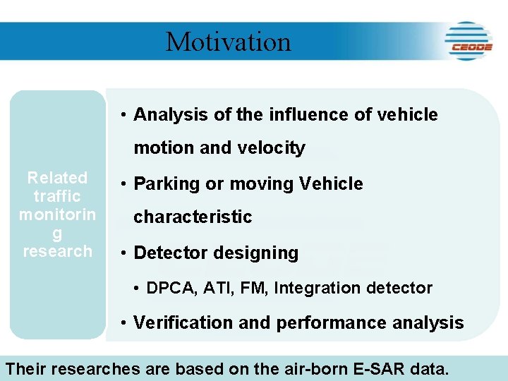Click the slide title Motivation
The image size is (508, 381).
(228, 42)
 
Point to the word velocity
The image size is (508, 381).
(272, 148)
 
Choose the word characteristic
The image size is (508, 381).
(193, 217)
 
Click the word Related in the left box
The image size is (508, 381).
(57, 178)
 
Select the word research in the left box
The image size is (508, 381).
(57, 251)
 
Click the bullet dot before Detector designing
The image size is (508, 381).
(123, 253)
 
